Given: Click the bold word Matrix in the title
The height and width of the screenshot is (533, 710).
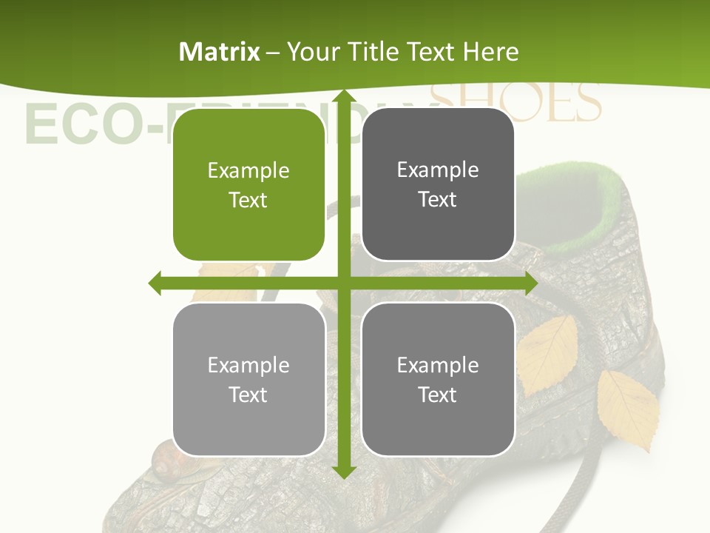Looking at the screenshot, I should [x=220, y=52].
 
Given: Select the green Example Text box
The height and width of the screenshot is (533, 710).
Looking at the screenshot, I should [x=248, y=185].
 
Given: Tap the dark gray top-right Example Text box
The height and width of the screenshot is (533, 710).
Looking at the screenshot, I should [x=438, y=184].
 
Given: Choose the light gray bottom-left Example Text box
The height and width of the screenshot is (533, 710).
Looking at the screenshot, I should [x=248, y=379].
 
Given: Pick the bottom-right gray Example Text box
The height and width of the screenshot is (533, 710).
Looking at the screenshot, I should [x=438, y=379].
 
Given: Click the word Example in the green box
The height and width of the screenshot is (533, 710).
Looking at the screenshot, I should [x=248, y=171].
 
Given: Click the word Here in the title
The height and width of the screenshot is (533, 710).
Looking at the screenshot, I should [x=490, y=52].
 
